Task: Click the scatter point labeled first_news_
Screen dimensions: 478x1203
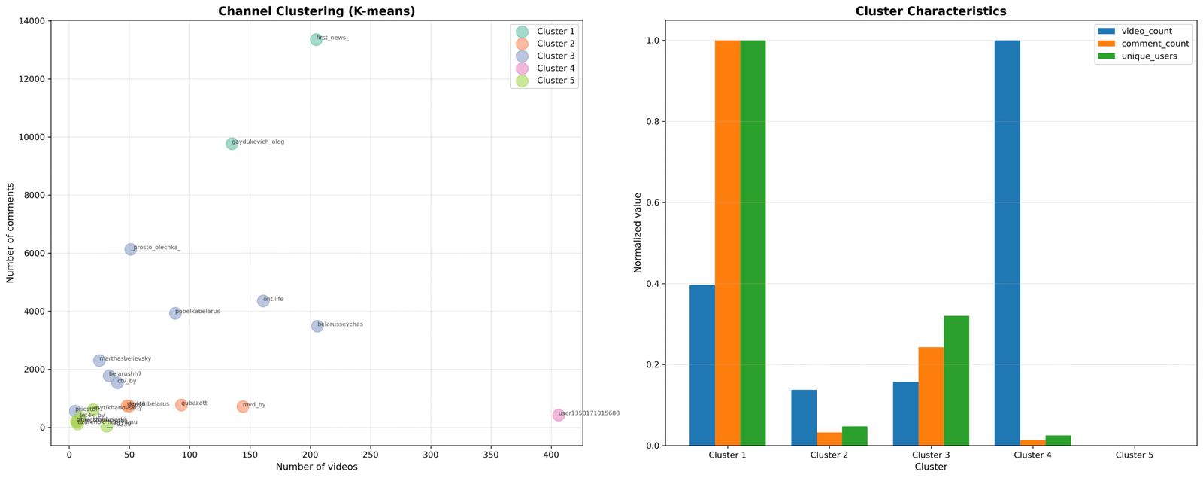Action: coord(316,39)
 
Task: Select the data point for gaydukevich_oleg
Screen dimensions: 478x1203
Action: coord(232,143)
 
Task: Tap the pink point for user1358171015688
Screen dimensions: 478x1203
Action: coord(558,415)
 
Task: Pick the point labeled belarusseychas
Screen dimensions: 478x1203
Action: coord(317,326)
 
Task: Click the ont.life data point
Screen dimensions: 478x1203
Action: coord(263,301)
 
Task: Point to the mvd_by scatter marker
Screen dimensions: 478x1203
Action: coord(243,406)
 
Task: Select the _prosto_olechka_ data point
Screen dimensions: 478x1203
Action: coord(130,249)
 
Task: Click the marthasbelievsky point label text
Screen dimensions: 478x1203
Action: coord(126,359)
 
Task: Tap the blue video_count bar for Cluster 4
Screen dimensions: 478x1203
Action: coord(1007,242)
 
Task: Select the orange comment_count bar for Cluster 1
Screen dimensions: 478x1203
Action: coord(727,242)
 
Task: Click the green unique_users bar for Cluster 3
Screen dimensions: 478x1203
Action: coord(956,380)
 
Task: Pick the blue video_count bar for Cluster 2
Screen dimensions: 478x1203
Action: coord(803,418)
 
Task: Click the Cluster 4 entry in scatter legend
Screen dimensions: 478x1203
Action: coord(555,69)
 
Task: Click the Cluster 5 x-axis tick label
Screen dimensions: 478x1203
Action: coord(1134,455)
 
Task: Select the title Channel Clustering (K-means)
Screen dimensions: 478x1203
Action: coord(317,11)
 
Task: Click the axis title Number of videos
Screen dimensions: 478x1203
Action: coord(317,467)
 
